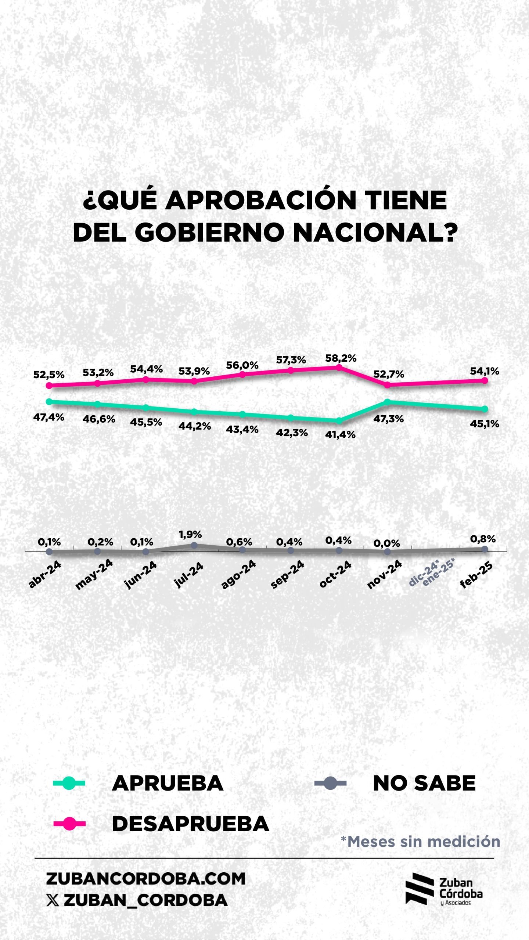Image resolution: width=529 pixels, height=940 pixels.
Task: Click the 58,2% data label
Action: click(x=341, y=358)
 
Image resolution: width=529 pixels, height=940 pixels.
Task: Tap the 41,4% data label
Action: click(x=340, y=435)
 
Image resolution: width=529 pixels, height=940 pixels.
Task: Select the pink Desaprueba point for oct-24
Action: click(x=339, y=366)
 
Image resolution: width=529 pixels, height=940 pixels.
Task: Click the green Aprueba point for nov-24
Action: click(x=387, y=402)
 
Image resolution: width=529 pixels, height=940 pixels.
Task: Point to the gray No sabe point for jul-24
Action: click(x=194, y=546)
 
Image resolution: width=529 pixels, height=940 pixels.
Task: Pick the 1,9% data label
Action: click(x=190, y=535)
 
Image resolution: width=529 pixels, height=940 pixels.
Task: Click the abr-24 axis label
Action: click(x=45, y=575)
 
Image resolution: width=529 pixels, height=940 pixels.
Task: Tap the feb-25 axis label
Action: click(x=476, y=575)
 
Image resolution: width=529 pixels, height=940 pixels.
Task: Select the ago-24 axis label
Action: click(x=239, y=575)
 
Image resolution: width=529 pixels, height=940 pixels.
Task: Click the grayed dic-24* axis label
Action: click(x=424, y=572)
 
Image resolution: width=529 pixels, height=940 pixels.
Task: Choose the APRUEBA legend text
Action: click(x=168, y=783)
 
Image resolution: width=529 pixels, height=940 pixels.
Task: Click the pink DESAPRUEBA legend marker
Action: click(x=69, y=824)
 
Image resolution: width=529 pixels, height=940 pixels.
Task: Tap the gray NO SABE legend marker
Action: click(x=330, y=783)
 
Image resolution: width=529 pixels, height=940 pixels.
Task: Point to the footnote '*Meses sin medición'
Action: click(x=420, y=842)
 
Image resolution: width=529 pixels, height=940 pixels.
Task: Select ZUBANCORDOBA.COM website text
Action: click(x=145, y=879)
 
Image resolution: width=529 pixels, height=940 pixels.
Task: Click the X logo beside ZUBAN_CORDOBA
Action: click(x=53, y=900)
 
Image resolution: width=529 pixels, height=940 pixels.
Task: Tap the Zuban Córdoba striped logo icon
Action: click(x=420, y=889)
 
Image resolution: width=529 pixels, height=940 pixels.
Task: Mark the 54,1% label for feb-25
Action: click(x=485, y=371)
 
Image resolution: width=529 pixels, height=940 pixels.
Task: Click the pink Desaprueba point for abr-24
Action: click(x=49, y=385)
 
